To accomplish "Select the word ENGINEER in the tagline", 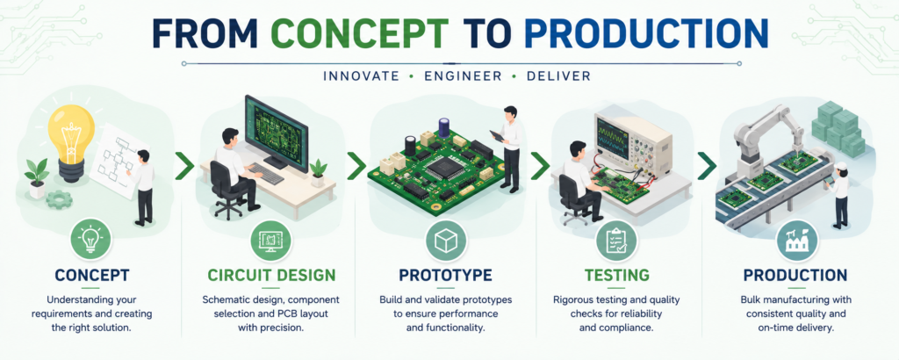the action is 463,76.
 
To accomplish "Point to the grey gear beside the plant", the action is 60,199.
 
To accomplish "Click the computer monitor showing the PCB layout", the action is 276,129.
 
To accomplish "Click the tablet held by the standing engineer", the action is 496,136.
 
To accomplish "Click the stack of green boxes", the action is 838,128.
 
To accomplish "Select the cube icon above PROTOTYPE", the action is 445,241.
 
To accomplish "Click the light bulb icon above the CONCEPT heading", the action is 90,241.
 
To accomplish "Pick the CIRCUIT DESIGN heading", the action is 272,275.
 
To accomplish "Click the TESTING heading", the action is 617,275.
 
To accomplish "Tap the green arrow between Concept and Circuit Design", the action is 184,166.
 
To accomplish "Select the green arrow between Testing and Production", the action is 707,166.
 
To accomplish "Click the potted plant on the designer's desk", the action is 318,173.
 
